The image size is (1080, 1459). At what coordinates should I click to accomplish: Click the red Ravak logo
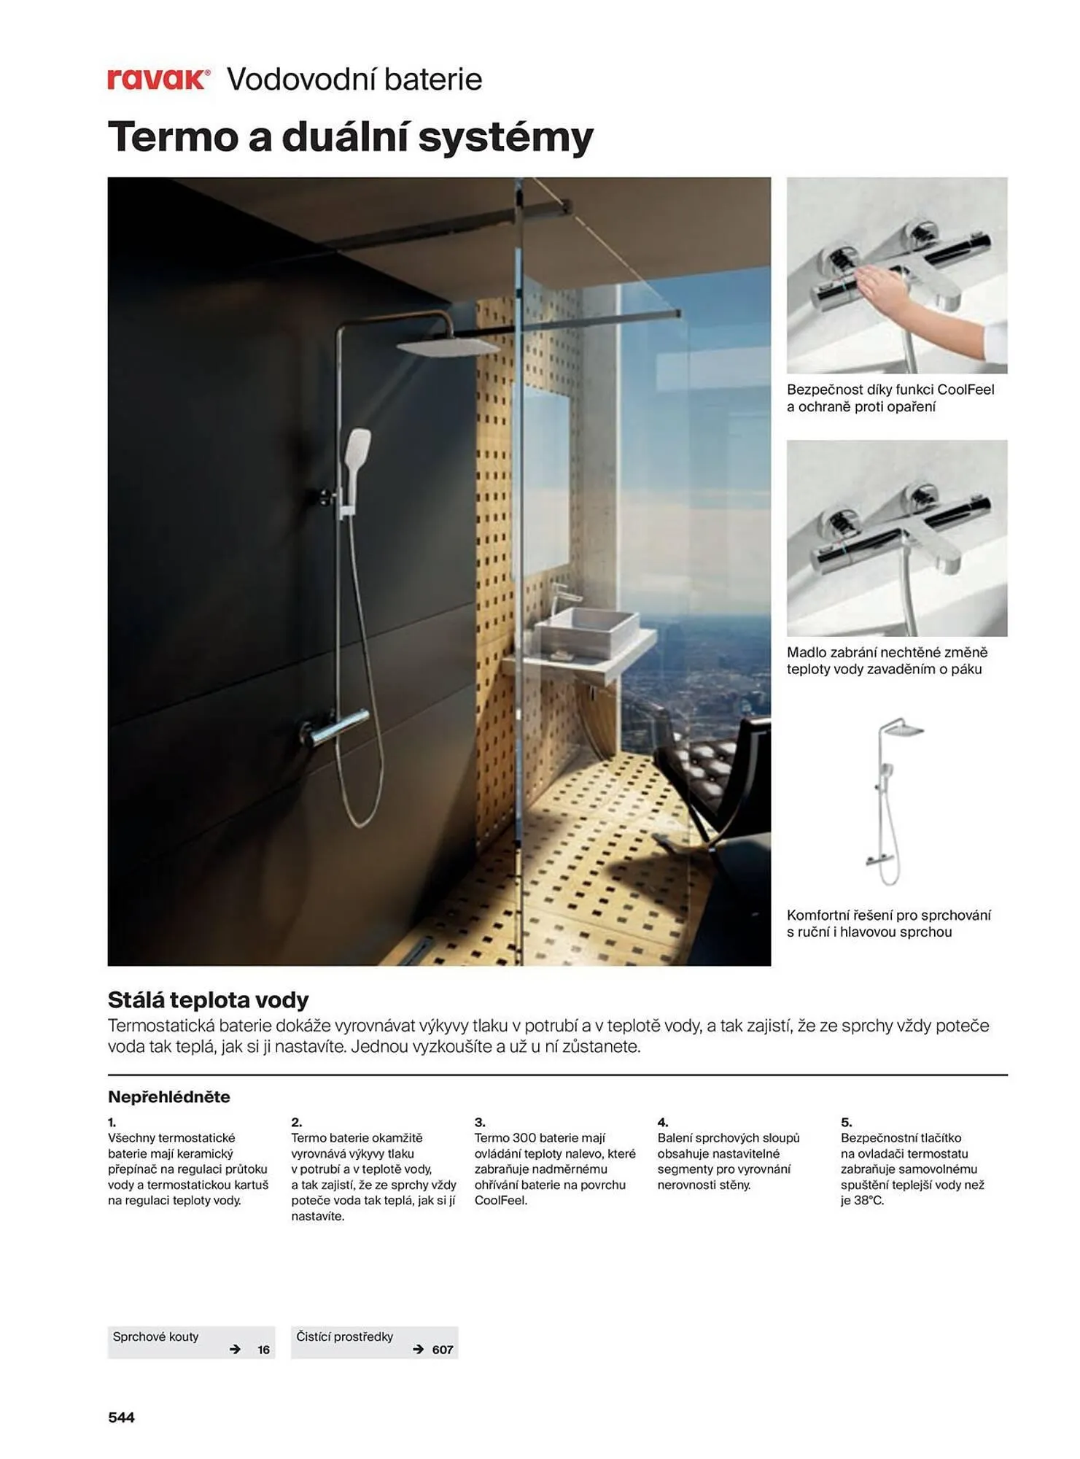(158, 79)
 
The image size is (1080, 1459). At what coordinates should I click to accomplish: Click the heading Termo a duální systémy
(350, 136)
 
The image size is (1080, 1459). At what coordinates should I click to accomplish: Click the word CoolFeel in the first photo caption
(966, 390)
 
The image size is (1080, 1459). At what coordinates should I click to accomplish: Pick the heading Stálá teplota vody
(208, 999)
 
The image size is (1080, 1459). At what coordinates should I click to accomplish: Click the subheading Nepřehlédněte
(168, 1096)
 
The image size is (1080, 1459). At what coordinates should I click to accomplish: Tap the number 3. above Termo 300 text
(479, 1122)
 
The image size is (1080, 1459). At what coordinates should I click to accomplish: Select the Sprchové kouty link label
(155, 1336)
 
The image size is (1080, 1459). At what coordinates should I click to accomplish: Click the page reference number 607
(442, 1350)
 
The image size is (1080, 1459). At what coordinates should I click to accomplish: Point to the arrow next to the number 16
(235, 1350)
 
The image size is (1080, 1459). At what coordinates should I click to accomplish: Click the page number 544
(121, 1417)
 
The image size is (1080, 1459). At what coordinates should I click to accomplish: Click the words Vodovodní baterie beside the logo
(354, 79)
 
